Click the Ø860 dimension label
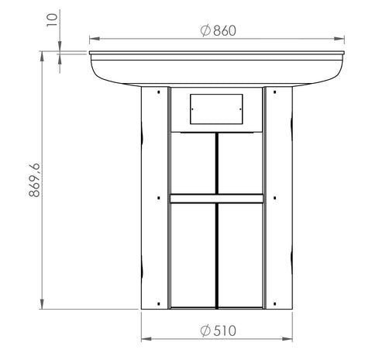click(x=219, y=30)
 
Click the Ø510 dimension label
click(x=219, y=331)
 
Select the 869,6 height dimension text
click(x=34, y=180)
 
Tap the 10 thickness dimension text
click(x=52, y=20)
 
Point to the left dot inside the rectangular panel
click(x=192, y=109)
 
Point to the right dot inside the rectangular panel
click(x=240, y=109)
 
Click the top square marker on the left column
click(x=159, y=92)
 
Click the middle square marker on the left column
click(x=159, y=198)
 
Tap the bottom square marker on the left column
click(x=159, y=303)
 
